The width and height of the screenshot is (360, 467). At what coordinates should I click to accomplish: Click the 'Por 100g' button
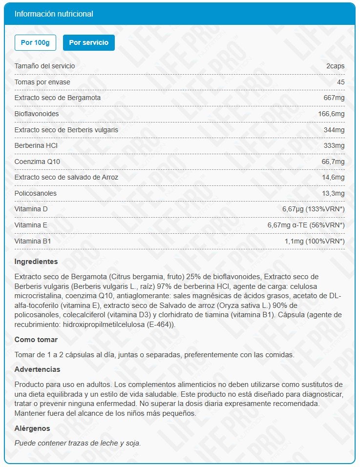36,42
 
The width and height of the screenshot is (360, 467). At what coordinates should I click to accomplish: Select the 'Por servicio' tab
88,42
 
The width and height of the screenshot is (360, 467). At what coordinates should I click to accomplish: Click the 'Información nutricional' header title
54,14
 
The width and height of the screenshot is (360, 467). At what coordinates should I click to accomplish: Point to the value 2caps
336,66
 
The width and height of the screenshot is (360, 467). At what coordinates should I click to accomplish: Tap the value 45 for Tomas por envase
340,82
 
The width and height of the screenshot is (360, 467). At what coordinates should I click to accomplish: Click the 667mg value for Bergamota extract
334,98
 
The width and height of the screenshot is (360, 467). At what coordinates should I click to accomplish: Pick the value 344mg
334,130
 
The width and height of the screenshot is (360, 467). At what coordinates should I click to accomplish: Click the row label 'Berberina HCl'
36,145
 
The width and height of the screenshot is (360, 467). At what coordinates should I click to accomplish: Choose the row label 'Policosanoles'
36,193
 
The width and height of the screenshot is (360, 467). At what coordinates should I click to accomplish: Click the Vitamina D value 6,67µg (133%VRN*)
313,209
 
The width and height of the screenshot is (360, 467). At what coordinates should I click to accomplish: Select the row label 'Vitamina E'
31,225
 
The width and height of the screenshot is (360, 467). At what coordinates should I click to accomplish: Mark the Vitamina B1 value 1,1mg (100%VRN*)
315,241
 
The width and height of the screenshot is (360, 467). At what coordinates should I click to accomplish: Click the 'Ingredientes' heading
36,262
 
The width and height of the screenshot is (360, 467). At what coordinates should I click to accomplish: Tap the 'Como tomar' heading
36,339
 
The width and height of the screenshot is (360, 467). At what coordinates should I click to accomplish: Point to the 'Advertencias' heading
38,369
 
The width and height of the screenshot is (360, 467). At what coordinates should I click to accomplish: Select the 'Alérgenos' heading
32,428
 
